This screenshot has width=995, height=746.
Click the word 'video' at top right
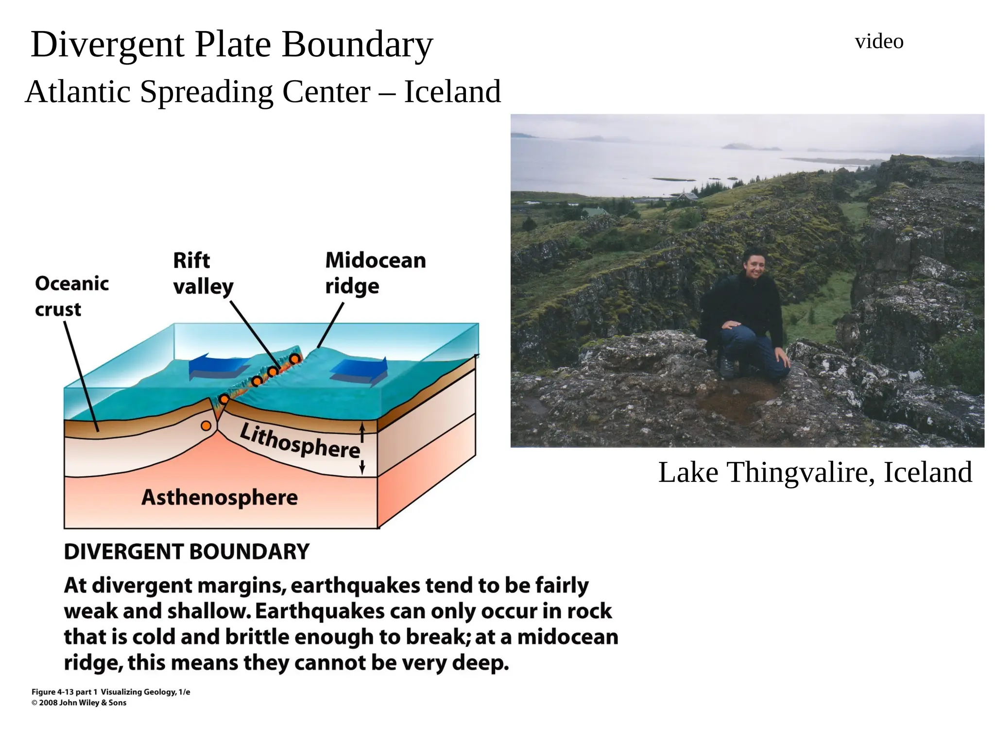[879, 42]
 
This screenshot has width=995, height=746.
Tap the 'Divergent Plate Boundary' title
[232, 45]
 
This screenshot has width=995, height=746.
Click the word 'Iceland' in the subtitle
[452, 92]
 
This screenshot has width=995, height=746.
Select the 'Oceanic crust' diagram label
[71, 296]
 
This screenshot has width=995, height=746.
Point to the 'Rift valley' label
[203, 273]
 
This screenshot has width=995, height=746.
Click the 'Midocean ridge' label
[375, 273]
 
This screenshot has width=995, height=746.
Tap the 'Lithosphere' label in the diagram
[300, 441]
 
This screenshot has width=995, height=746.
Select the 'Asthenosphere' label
[220, 497]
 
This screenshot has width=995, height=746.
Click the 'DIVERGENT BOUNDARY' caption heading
[187, 552]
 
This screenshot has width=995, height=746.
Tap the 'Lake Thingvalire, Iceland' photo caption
[815, 472]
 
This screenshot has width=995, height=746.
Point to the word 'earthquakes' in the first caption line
[355, 585]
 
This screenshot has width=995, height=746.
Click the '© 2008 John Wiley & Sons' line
[79, 703]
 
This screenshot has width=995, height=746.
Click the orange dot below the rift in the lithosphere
[206, 426]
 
